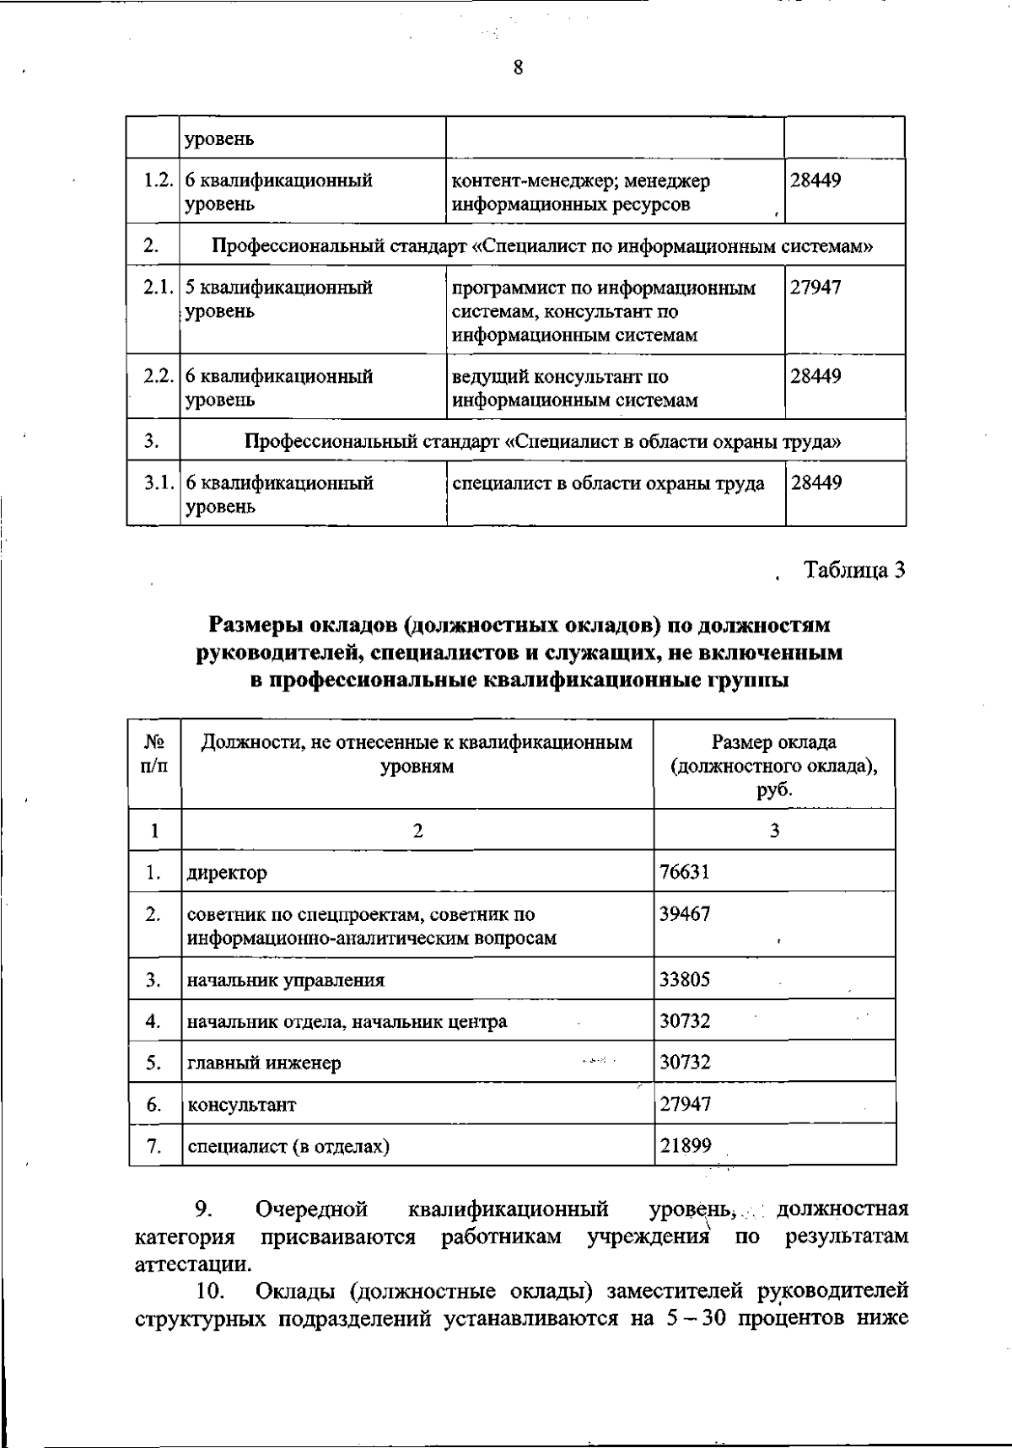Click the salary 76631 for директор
(684, 872)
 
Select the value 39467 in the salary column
(684, 914)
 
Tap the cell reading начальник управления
(286, 980)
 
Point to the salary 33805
(684, 980)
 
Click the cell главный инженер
(264, 1063)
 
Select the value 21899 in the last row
(684, 1145)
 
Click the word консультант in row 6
(241, 1104)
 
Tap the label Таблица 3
(854, 571)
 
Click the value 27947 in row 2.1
(815, 288)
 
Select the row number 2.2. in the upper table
(158, 376)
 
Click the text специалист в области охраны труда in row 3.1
(608, 484)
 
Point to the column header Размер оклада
(773, 742)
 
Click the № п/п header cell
(154, 754)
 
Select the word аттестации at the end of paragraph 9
(191, 1264)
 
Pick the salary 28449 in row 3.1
(815, 484)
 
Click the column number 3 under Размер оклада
(773, 831)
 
